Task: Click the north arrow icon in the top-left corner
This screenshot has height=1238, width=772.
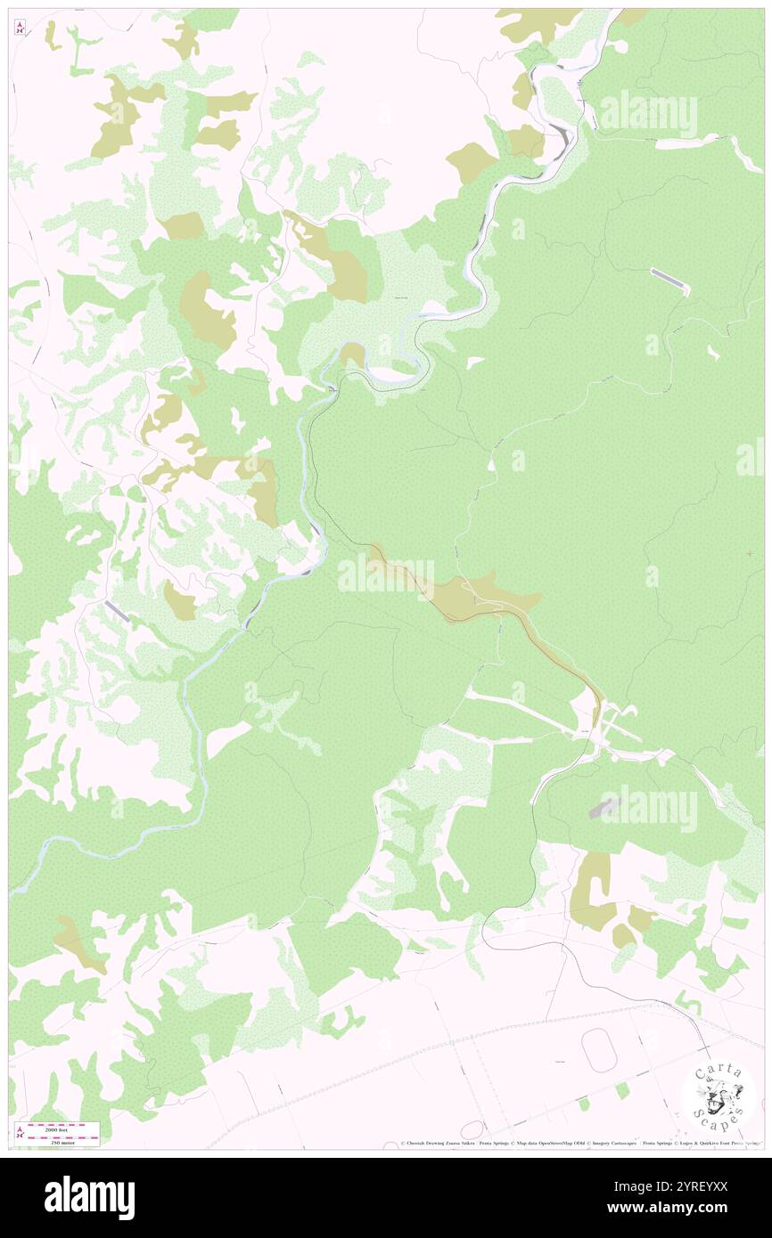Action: [20, 29]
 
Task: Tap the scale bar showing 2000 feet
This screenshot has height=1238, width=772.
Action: [62, 1126]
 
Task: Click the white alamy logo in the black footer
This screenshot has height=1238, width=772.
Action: [89, 1197]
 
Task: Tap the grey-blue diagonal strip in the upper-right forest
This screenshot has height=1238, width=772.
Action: [669, 281]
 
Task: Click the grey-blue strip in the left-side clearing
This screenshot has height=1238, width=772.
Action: [117, 611]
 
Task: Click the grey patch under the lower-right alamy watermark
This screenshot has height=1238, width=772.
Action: [604, 809]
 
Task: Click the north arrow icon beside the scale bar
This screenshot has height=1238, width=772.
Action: [20, 1133]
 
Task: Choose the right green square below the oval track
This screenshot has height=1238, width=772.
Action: [621, 1090]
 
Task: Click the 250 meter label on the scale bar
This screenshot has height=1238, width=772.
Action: [62, 1142]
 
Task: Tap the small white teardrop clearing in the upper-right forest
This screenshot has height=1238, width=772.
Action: [713, 352]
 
